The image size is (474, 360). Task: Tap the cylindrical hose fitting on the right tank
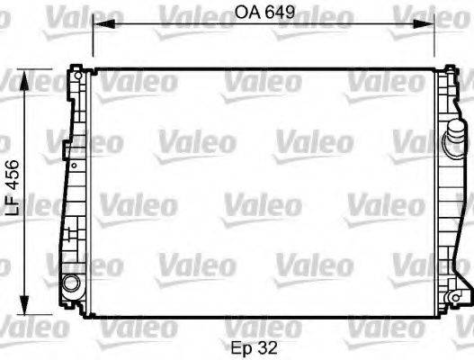(x=454, y=145)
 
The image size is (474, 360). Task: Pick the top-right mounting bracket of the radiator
(x=447, y=68)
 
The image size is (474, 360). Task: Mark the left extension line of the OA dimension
(x=94, y=40)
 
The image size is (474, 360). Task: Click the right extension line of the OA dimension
(x=436, y=40)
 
